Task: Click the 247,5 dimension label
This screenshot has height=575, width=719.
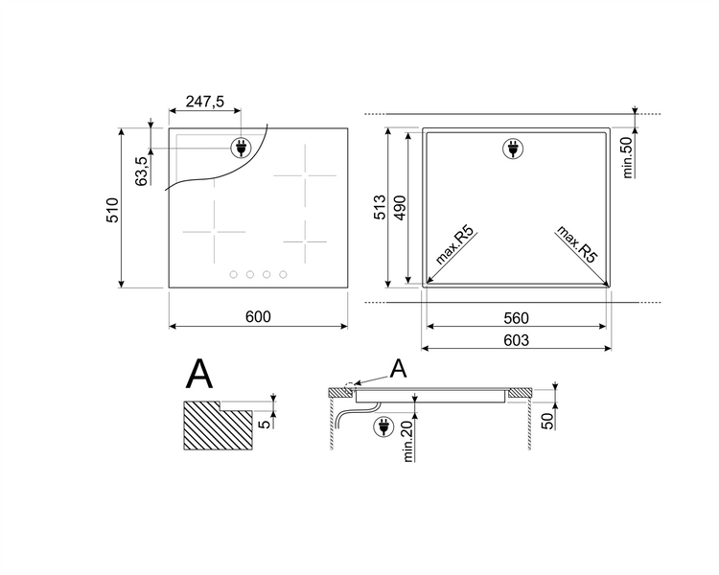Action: pos(205,102)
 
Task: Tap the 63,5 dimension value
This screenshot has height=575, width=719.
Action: pos(142,171)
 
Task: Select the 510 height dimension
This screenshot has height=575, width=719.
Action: pos(112,210)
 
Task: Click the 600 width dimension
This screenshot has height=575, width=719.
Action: pos(258,316)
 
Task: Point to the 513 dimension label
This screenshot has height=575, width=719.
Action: pos(381,207)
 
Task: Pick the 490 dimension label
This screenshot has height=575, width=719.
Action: pos(400,207)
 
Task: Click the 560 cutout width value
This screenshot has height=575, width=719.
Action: pos(517,318)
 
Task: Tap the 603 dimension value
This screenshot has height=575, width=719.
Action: pos(517,340)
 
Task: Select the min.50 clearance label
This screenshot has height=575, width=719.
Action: pos(627,157)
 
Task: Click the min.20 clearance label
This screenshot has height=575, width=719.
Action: pos(408,441)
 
